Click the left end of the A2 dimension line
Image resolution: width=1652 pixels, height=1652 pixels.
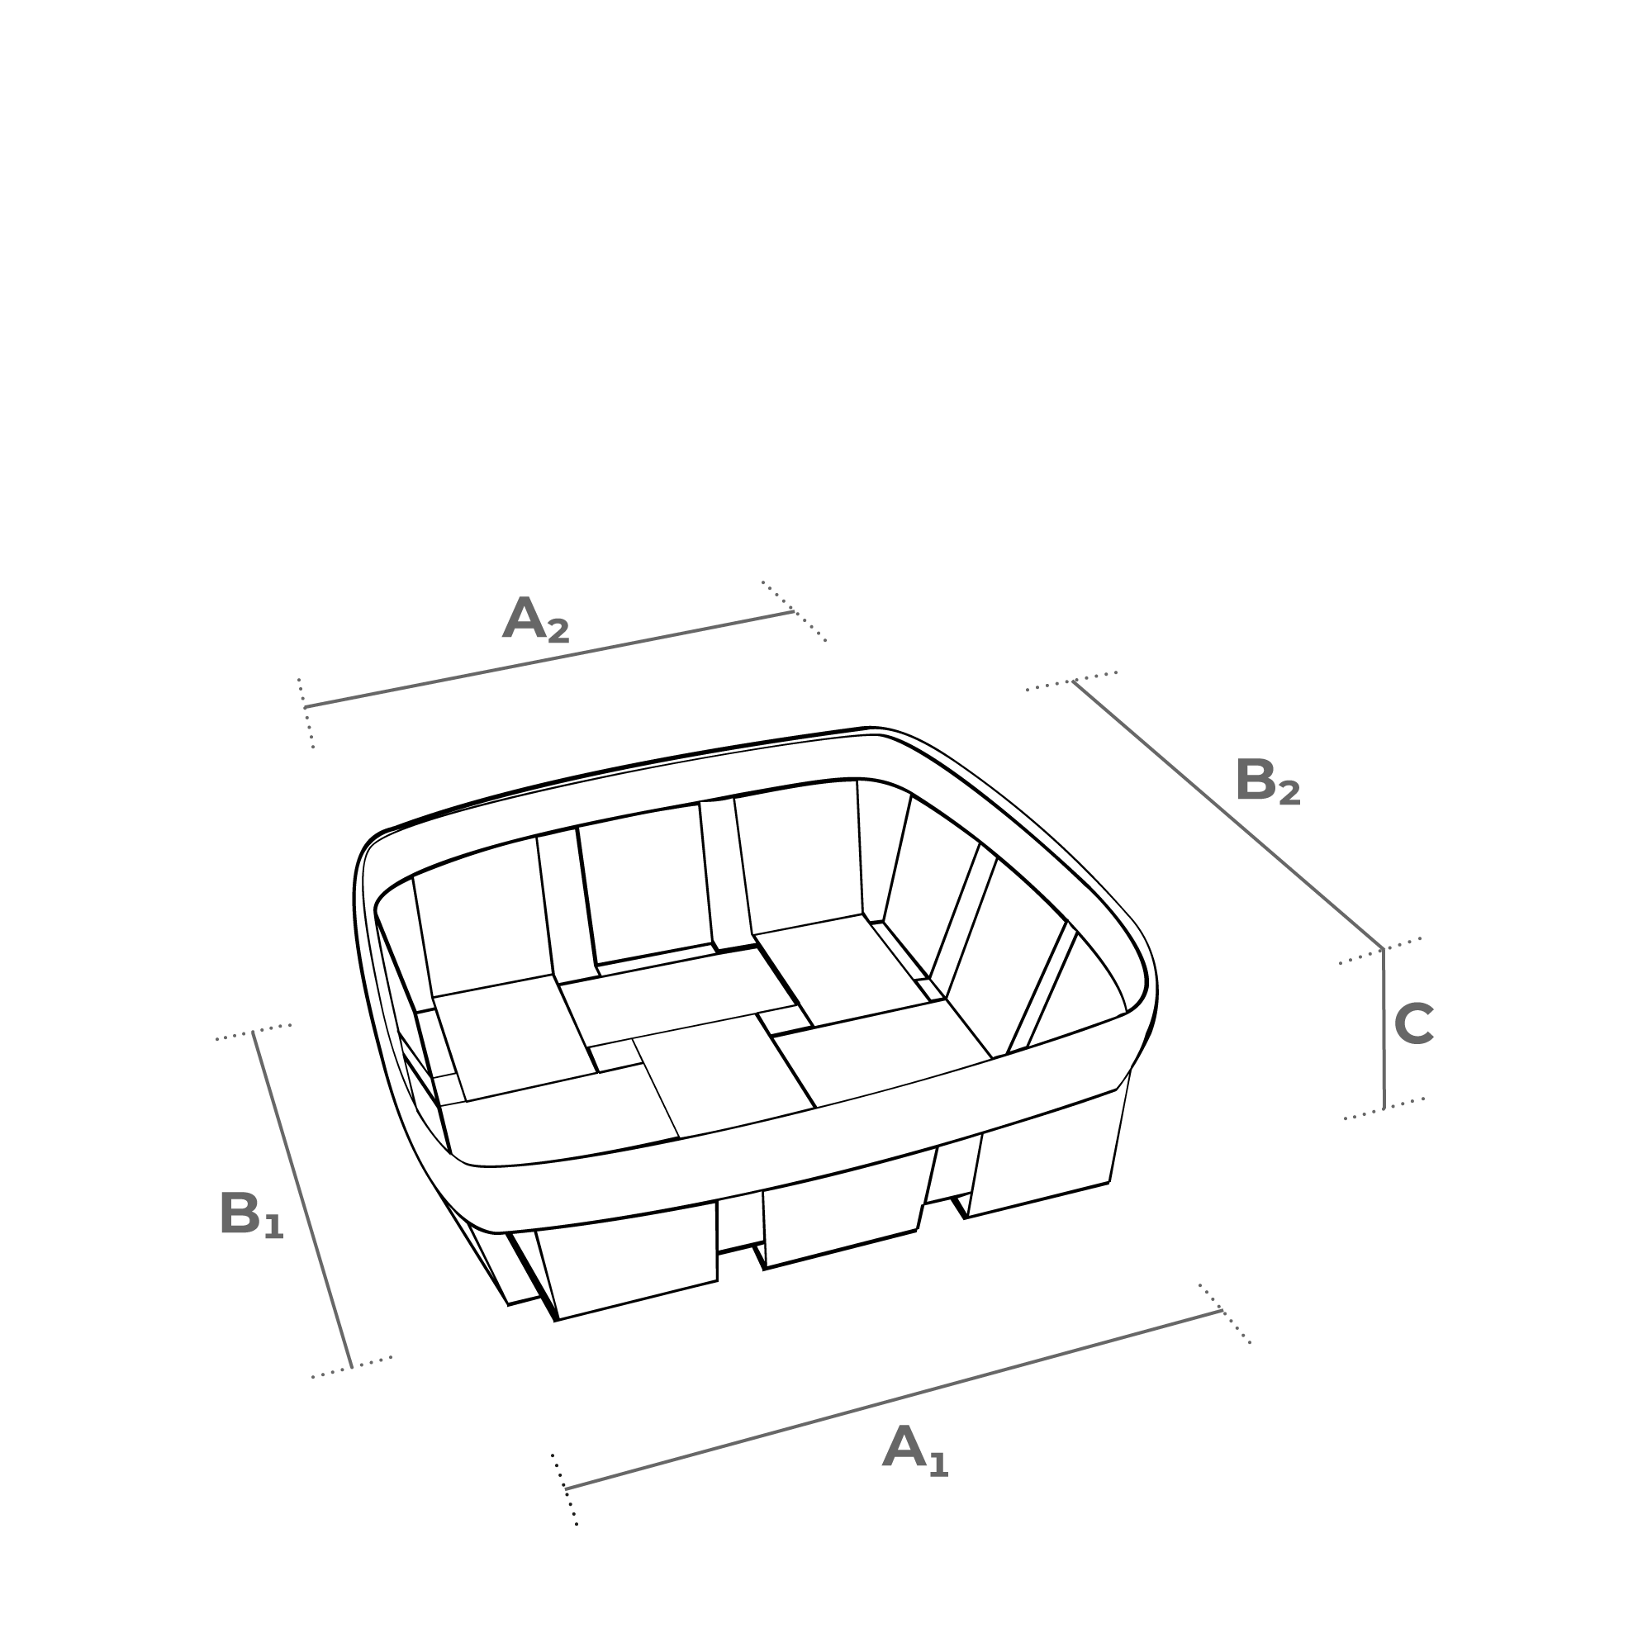coord(306,707)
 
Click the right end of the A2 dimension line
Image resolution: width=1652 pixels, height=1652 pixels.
coord(795,611)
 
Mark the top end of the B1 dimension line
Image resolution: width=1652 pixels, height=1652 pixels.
coord(253,1032)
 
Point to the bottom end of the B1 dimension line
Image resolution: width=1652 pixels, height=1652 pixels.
coord(351,1367)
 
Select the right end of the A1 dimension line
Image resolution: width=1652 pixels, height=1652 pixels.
coord(1222,1311)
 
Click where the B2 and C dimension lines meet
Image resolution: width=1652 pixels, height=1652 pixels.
coord(1383,949)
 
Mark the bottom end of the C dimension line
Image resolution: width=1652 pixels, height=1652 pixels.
coord(1384,1109)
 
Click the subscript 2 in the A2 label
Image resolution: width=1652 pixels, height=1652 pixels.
coord(558,631)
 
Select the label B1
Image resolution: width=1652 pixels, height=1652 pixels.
coord(250,1215)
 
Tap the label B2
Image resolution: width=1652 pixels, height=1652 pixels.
coord(1267,781)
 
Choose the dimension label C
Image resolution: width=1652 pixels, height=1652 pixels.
coord(1413,1024)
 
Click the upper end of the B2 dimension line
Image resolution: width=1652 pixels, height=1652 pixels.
coord(1074,681)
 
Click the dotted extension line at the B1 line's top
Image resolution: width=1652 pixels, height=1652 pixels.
coord(253,1032)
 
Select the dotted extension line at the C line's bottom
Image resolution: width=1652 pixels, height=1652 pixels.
coord(1384,1108)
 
